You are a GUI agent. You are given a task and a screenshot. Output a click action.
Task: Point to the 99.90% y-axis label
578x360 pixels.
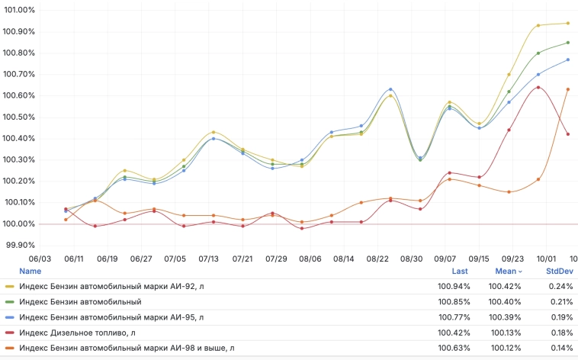click(20, 245)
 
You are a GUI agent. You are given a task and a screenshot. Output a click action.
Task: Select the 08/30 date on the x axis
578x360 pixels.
click(412, 259)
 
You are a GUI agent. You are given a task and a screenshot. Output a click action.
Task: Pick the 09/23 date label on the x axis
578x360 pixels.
click(512, 259)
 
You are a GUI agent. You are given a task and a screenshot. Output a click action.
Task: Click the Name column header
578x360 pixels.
click(31, 271)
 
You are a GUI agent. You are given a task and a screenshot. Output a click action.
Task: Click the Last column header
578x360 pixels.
click(461, 271)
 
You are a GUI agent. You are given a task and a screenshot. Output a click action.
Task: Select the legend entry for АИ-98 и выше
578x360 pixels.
click(127, 348)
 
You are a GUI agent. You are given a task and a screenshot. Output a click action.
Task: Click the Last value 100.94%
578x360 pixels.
click(454, 286)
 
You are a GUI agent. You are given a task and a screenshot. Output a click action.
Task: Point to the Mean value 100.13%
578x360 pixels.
click(505, 333)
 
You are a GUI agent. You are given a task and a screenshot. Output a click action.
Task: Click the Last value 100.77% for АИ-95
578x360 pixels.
click(454, 317)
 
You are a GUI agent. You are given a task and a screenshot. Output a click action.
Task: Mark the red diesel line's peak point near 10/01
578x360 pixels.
click(538, 87)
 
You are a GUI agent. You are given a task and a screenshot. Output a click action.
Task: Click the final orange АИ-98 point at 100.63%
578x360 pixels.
click(567, 89)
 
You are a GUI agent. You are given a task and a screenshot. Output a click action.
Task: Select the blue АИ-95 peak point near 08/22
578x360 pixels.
click(390, 89)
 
